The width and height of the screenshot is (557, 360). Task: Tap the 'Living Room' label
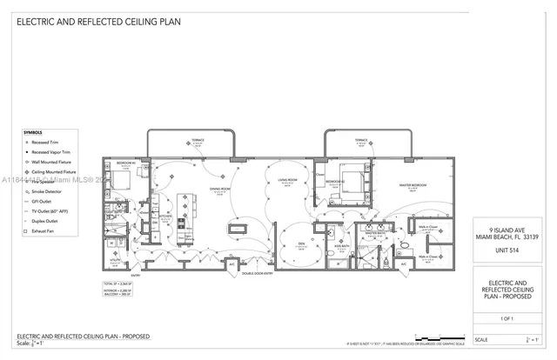coord(287,181)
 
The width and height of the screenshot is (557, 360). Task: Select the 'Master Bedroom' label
coord(411,186)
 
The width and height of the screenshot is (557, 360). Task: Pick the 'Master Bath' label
coord(375,233)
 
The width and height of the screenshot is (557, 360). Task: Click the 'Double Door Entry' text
coord(258,273)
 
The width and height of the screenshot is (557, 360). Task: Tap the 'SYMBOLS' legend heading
coord(33,132)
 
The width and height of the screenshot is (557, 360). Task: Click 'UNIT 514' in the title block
coord(507,252)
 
